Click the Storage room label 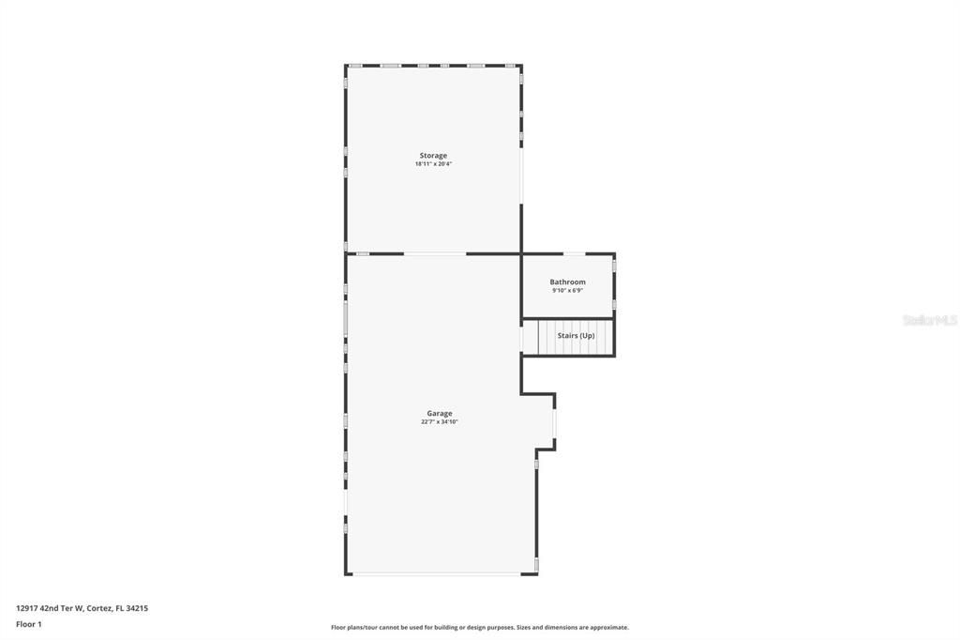click(x=433, y=156)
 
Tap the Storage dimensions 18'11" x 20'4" click(x=433, y=164)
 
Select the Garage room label click(x=440, y=414)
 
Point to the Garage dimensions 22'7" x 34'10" click(x=440, y=422)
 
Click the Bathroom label click(x=567, y=282)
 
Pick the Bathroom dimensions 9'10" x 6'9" click(x=567, y=290)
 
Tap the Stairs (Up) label click(x=576, y=335)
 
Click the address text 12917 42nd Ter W click(x=49, y=608)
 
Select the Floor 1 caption click(x=29, y=624)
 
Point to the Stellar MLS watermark click(x=929, y=320)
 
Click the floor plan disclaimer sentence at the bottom click(x=479, y=627)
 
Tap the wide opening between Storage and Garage click(x=434, y=253)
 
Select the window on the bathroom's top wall click(x=575, y=253)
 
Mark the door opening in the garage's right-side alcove click(x=554, y=424)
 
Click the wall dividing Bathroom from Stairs click(x=567, y=319)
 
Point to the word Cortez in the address click(x=99, y=608)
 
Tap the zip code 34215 click(x=137, y=608)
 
